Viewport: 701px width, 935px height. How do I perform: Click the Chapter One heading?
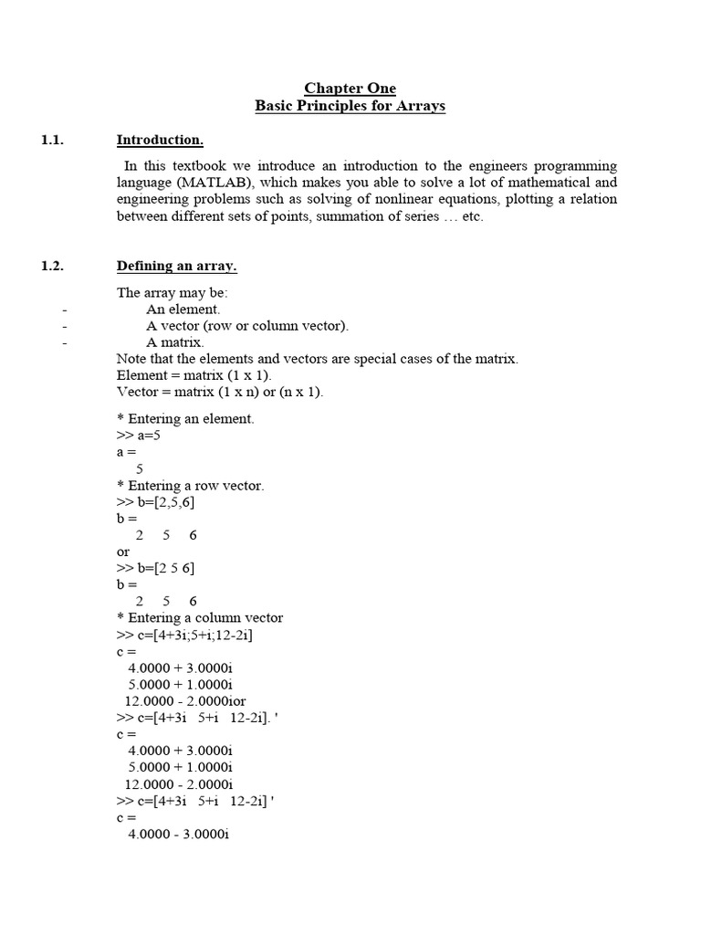coord(350,89)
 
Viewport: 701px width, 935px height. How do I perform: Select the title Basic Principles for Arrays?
coord(350,106)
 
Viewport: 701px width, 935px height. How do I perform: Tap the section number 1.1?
coord(53,140)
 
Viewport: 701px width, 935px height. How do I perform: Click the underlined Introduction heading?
coord(160,140)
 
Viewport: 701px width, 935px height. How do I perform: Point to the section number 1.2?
coord(53,266)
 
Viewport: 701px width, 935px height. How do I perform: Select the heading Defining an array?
coord(176,266)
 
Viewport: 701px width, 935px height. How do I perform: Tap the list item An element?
coord(183,310)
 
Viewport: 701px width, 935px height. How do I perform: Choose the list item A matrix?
coord(175,342)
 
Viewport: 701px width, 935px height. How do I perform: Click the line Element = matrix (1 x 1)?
coord(194,375)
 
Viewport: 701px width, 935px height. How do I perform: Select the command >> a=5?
coord(139,436)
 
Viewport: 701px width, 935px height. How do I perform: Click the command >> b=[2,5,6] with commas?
coord(155,502)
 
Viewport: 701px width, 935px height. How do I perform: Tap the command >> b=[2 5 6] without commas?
coord(155,568)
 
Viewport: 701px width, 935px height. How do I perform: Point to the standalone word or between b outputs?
coord(123,552)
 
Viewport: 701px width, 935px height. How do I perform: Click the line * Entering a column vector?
coord(200,618)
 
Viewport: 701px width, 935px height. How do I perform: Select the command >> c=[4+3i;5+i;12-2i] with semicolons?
coord(185,635)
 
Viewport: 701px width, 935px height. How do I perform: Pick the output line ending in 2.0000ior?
coord(192,701)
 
